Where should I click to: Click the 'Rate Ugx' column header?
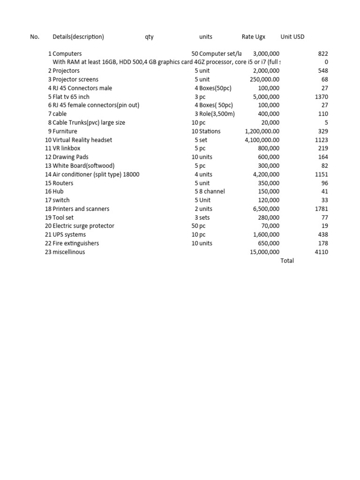click(x=253, y=37)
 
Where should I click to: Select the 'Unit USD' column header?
click(x=292, y=37)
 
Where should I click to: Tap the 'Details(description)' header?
click(x=78, y=37)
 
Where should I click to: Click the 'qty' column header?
click(x=149, y=37)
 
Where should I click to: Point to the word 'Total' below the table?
click(x=287, y=261)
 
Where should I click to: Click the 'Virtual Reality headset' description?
click(x=82, y=140)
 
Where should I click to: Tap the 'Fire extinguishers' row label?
click(x=75, y=243)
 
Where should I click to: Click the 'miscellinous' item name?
click(x=69, y=252)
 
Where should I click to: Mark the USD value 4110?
click(x=322, y=252)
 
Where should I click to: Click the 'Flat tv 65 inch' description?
click(x=71, y=97)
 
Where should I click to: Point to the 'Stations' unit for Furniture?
click(x=210, y=131)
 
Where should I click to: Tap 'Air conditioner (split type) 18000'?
click(x=96, y=174)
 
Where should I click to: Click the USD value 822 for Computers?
click(x=323, y=54)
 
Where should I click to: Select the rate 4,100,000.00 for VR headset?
click(x=262, y=140)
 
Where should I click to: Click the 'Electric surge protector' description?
click(x=83, y=226)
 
